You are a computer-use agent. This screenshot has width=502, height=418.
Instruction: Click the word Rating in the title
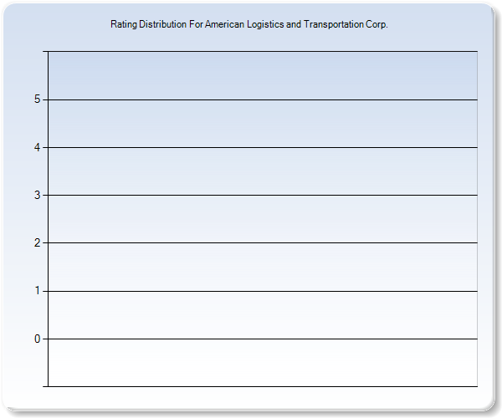pyautogui.click(x=124, y=24)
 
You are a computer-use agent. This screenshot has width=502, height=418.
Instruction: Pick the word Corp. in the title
pyautogui.click(x=376, y=24)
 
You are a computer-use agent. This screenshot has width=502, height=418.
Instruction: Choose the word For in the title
pyautogui.click(x=196, y=24)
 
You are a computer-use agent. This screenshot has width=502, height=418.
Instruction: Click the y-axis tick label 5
pyautogui.click(x=37, y=99)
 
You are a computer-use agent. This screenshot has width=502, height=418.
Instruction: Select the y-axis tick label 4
pyautogui.click(x=37, y=147)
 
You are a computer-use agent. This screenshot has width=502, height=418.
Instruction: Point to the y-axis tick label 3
pyautogui.click(x=37, y=195)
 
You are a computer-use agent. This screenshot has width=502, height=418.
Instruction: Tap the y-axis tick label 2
pyautogui.click(x=37, y=242)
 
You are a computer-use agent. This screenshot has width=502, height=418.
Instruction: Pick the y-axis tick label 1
pyautogui.click(x=37, y=291)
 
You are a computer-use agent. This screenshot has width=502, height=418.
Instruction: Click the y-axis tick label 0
pyautogui.click(x=37, y=339)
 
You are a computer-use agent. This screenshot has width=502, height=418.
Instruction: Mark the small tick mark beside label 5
pyautogui.click(x=45, y=99)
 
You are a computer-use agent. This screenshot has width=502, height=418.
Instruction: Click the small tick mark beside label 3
pyautogui.click(x=45, y=195)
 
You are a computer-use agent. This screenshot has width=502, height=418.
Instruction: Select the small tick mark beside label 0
pyautogui.click(x=45, y=339)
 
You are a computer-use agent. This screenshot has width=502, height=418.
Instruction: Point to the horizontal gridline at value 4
pyautogui.click(x=263, y=147)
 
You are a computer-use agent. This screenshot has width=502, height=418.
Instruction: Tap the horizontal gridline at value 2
pyautogui.click(x=263, y=242)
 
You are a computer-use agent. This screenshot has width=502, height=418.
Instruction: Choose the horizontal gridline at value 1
pyautogui.click(x=263, y=291)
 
